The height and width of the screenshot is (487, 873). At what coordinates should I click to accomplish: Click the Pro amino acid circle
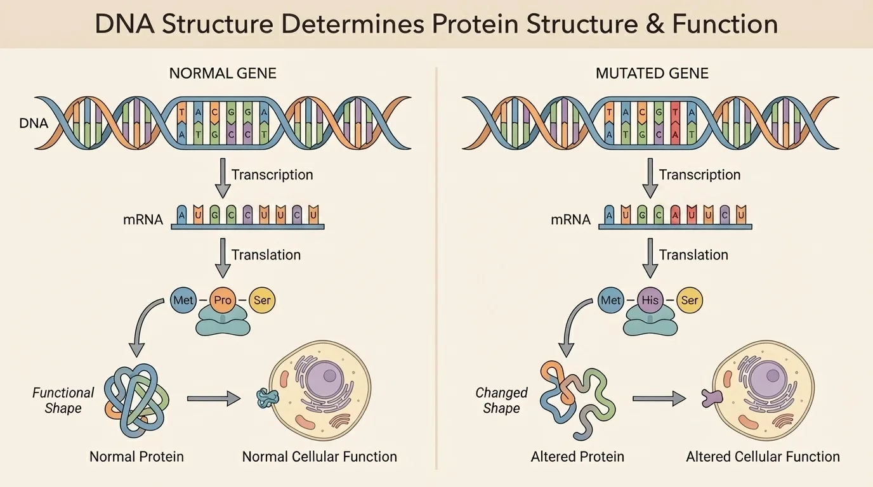point(223,300)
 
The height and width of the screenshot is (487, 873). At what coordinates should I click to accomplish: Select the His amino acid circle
point(650,300)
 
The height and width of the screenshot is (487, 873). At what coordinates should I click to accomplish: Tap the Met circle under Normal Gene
point(183,300)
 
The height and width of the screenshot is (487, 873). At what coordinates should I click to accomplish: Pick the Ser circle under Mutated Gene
point(689,300)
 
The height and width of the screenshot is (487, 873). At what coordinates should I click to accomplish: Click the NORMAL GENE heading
point(223,73)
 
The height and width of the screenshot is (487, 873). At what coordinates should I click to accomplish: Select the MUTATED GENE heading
point(652,73)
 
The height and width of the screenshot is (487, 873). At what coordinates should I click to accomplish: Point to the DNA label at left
point(34,123)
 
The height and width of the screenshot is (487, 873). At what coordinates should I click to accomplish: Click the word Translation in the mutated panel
point(693,255)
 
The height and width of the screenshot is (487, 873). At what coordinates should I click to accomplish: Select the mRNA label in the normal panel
point(143,220)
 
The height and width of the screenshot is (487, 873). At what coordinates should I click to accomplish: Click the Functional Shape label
point(63,400)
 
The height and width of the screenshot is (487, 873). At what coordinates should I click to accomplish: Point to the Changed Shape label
point(501,400)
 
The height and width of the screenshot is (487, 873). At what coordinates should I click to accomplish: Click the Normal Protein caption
point(136,457)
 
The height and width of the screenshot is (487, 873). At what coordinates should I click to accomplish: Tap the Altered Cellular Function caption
point(763,457)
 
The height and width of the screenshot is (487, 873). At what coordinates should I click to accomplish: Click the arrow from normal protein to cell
point(213,399)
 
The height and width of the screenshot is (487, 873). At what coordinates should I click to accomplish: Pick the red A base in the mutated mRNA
point(674,215)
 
